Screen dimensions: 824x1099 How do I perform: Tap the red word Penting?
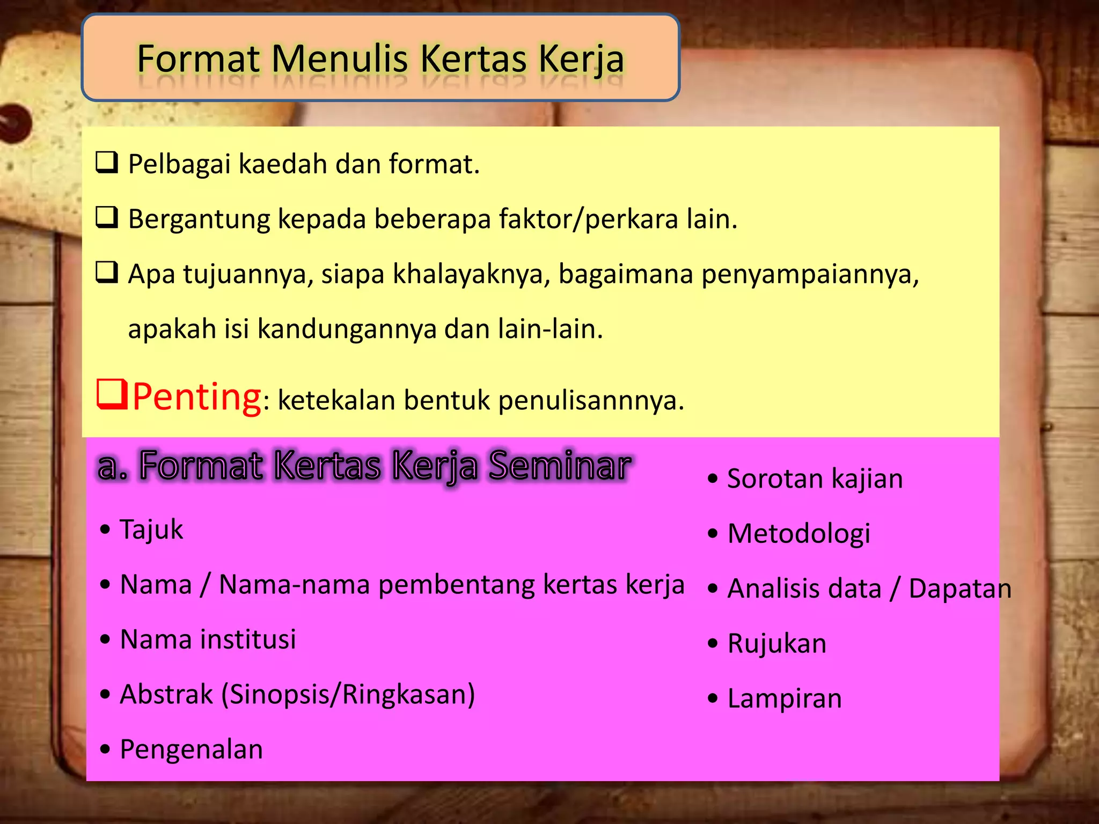click(197, 397)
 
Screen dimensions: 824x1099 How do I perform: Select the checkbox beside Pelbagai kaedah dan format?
click(107, 163)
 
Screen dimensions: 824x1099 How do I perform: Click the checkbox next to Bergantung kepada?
click(107, 218)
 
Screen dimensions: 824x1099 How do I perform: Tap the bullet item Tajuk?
click(151, 530)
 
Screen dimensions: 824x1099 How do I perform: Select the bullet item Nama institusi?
click(208, 639)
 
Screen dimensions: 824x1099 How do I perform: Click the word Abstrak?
click(166, 695)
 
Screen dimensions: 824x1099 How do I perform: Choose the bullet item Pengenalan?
click(191, 749)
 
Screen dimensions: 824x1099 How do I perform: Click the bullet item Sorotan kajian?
click(815, 479)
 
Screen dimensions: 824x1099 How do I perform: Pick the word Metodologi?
click(798, 534)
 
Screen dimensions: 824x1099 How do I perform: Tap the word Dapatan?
click(959, 588)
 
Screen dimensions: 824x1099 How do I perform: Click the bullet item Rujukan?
click(776, 644)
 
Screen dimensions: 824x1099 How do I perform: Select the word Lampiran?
click(785, 699)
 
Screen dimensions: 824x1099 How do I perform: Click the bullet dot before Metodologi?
click(713, 534)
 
